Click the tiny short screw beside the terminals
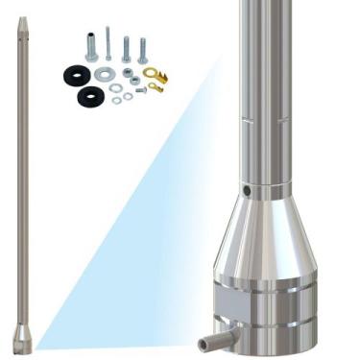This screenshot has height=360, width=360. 140,90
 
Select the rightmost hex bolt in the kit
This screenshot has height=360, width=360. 143,51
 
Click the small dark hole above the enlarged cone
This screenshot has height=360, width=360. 246,191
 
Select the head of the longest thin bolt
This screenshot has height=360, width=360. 108,31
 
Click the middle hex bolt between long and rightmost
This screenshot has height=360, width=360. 126,50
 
